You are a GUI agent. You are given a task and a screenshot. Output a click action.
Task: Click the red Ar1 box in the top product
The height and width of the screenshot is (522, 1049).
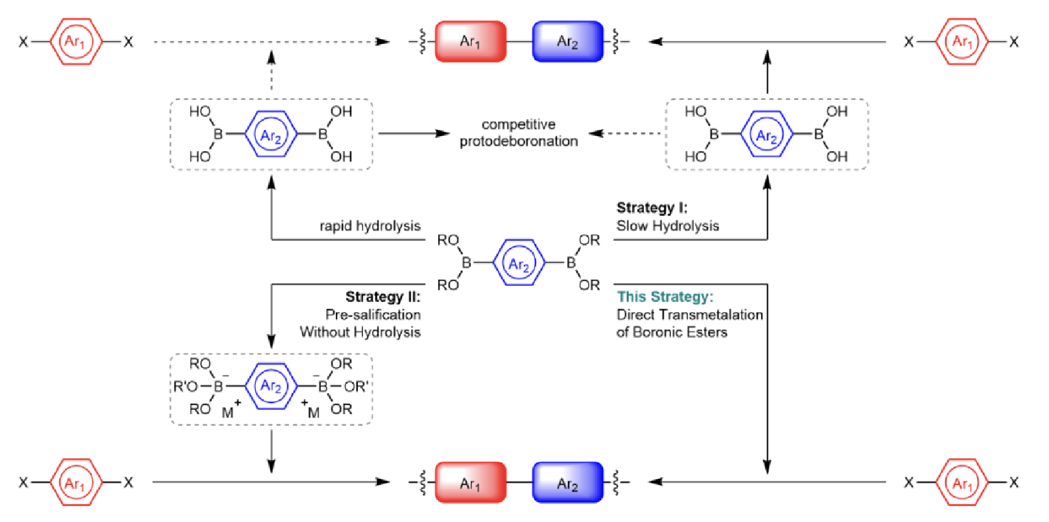[x=470, y=42]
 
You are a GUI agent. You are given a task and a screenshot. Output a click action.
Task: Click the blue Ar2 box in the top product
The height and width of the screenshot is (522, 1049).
[x=567, y=42]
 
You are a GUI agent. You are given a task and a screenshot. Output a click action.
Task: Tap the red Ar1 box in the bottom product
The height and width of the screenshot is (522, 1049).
[x=470, y=482]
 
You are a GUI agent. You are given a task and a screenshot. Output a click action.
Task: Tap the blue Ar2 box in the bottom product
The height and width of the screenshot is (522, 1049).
[x=567, y=482]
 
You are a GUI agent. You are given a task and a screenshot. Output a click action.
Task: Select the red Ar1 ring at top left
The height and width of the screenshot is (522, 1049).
[x=76, y=42]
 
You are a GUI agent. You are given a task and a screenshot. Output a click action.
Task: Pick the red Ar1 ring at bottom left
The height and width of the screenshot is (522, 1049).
[x=76, y=482]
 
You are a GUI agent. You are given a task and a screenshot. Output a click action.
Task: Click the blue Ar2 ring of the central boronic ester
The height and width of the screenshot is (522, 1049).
[x=519, y=263]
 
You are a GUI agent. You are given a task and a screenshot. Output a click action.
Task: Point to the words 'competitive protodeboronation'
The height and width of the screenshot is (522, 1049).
[x=519, y=132]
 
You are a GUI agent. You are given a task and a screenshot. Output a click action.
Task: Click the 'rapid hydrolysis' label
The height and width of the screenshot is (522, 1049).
[x=370, y=226]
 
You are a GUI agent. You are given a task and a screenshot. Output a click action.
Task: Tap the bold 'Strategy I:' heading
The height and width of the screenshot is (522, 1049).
[x=652, y=208]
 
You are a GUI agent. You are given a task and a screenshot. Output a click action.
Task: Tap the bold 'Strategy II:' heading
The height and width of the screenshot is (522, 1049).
[x=383, y=297]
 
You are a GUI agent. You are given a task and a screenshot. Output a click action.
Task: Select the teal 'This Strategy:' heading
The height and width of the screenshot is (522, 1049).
[x=665, y=297]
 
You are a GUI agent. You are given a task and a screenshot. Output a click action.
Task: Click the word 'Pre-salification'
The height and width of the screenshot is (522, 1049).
[x=373, y=314]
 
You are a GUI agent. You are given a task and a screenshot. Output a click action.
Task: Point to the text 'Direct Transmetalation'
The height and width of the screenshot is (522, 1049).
[x=689, y=314]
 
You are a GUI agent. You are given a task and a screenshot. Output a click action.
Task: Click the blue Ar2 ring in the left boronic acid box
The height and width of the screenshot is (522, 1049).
[x=271, y=134]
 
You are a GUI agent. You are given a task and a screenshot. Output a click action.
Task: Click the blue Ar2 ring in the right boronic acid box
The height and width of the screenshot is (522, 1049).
[x=767, y=134]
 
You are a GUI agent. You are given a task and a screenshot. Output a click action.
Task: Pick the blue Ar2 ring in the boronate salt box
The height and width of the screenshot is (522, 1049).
[x=271, y=386]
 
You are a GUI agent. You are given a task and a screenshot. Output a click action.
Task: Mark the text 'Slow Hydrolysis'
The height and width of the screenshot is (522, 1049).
[x=667, y=226]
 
